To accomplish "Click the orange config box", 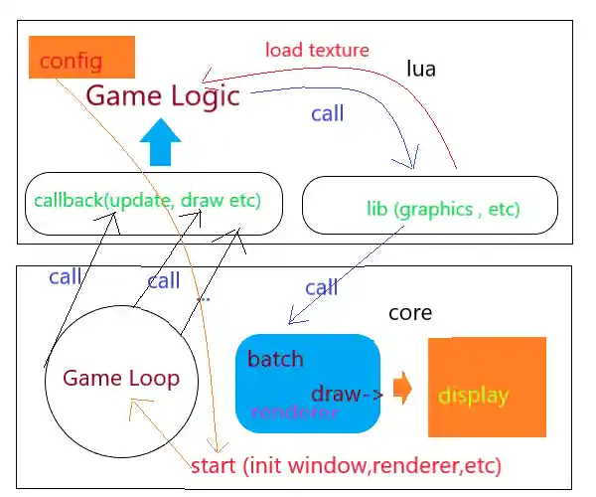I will click(81, 58).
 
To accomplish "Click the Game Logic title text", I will click(163, 96).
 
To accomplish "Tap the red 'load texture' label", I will click(317, 49).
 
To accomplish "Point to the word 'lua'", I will click(421, 69).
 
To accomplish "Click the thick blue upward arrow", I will click(159, 144).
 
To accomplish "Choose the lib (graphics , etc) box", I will click(428, 206).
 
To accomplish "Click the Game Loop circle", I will click(120, 379).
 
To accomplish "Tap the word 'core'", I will click(410, 312).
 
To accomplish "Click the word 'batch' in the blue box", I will click(275, 359).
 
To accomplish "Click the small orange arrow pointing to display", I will click(402, 388).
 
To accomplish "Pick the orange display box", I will click(487, 388).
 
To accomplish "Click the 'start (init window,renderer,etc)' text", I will click(346, 465).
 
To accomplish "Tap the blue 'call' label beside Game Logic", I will click(327, 113).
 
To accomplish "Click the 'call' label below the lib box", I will click(321, 288).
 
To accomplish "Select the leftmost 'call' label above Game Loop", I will click(65, 277).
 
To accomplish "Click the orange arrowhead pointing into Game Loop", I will click(145, 403).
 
